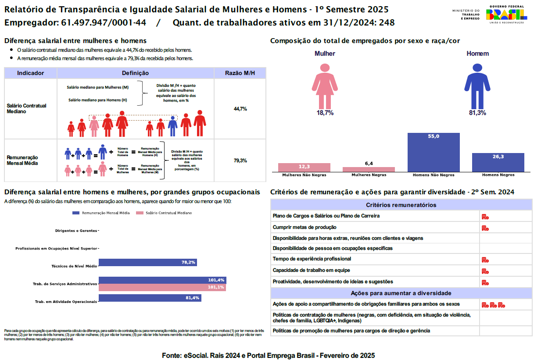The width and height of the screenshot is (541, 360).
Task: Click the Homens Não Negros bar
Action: [x=434, y=152]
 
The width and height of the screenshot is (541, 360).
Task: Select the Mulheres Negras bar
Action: [x=369, y=169]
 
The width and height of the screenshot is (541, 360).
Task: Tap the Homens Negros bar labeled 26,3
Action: [x=498, y=162]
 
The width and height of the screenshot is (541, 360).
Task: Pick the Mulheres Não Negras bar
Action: [x=304, y=167]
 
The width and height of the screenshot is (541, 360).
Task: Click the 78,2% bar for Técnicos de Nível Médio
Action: [x=148, y=263]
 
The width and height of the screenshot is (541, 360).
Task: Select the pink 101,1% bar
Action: [x=162, y=288]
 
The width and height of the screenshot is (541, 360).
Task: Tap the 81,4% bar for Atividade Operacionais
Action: [x=150, y=298]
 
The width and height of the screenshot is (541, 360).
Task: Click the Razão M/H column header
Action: [x=240, y=73]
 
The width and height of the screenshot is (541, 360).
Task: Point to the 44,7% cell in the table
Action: [x=240, y=109]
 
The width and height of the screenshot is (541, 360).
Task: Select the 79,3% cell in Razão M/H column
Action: [x=240, y=160]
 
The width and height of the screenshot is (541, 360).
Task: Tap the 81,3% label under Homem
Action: [x=477, y=113]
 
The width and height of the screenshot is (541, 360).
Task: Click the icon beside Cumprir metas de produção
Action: [x=485, y=228]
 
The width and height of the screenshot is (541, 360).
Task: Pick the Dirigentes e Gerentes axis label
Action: [x=76, y=231]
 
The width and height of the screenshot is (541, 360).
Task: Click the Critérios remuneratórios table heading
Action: [x=401, y=205]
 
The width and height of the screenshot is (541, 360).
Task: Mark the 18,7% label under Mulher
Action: [x=325, y=113]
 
